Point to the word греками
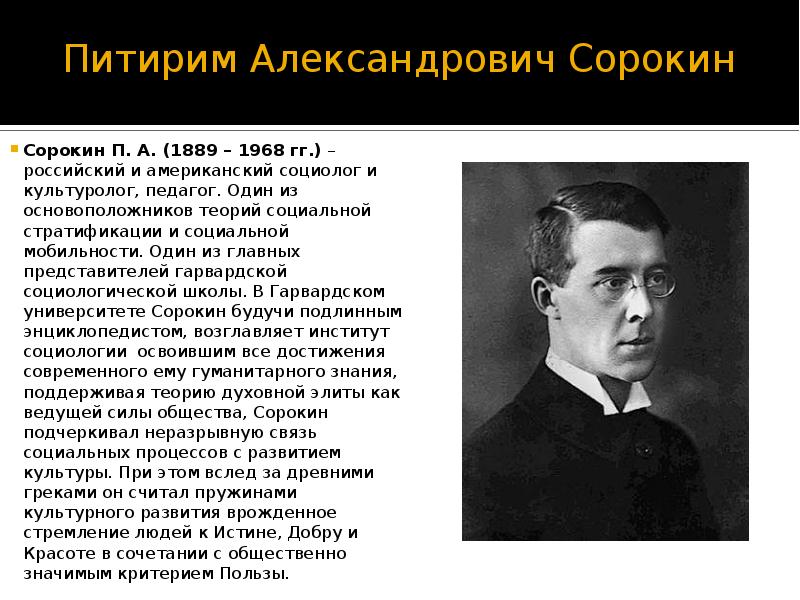(57, 493)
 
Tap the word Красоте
(58, 553)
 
